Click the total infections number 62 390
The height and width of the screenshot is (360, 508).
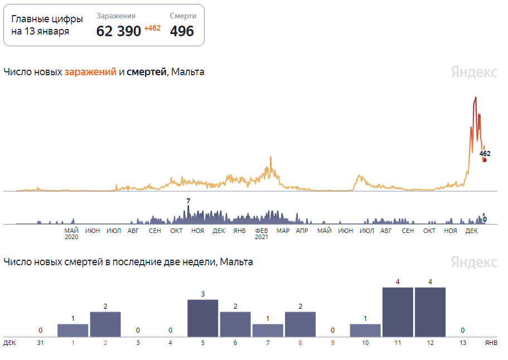click(119, 31)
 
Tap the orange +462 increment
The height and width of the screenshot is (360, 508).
click(152, 28)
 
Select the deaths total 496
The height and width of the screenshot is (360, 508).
click(182, 31)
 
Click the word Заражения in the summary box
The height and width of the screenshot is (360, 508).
click(115, 16)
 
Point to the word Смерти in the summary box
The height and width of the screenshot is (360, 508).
click(183, 16)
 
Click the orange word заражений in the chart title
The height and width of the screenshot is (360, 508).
click(90, 72)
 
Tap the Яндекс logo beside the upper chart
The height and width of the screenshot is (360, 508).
click(474, 72)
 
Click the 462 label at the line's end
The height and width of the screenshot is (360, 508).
click(485, 153)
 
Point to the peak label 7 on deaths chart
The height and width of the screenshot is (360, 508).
click(188, 201)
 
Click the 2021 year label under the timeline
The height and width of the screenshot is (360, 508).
click(262, 237)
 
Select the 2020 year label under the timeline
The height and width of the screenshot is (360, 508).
click(71, 237)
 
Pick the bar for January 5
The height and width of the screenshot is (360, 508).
click(202, 318)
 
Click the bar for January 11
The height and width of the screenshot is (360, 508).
click(398, 312)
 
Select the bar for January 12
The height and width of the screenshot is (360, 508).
click(430, 312)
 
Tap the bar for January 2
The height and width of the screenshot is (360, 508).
click(105, 324)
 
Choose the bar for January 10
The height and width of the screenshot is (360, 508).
click(365, 330)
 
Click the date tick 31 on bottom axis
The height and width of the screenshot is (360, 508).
click(40, 343)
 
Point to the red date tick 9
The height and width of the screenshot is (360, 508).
click(333, 343)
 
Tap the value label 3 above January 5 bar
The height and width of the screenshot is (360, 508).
click(203, 294)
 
